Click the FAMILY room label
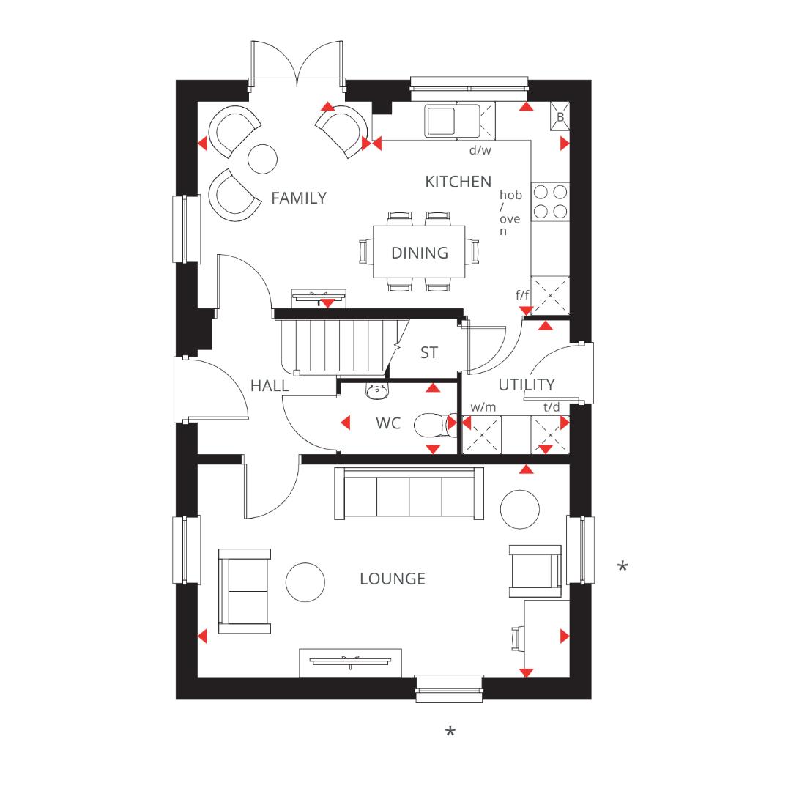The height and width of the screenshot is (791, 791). click(x=298, y=198)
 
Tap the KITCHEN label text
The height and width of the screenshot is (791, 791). click(x=458, y=182)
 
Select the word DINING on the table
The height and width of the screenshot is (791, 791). click(x=420, y=253)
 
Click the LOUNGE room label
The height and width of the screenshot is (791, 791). click(x=393, y=579)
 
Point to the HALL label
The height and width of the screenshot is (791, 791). click(x=270, y=385)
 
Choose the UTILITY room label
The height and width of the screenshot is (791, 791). click(x=527, y=385)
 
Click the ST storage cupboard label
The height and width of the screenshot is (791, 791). click(x=429, y=352)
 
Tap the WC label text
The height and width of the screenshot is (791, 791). click(x=388, y=423)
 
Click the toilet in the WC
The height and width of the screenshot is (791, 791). click(x=432, y=424)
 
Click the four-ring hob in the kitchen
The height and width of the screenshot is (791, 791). click(x=551, y=201)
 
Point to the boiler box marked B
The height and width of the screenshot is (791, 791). click(x=560, y=116)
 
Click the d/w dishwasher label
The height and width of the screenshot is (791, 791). click(x=480, y=150)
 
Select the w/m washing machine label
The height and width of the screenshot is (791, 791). click(x=483, y=406)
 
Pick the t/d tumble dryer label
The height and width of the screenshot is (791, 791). click(x=551, y=406)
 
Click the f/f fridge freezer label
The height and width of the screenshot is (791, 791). click(x=522, y=294)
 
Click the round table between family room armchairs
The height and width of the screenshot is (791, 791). click(x=262, y=158)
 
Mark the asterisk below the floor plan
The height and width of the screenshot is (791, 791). click(x=450, y=732)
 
